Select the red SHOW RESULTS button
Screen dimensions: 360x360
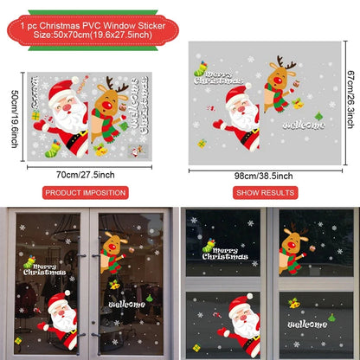pyautogui.click(x=266, y=191)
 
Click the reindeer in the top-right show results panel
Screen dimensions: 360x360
pyautogui.click(x=279, y=87)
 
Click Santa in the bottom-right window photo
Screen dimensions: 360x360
pyautogui.click(x=242, y=325)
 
